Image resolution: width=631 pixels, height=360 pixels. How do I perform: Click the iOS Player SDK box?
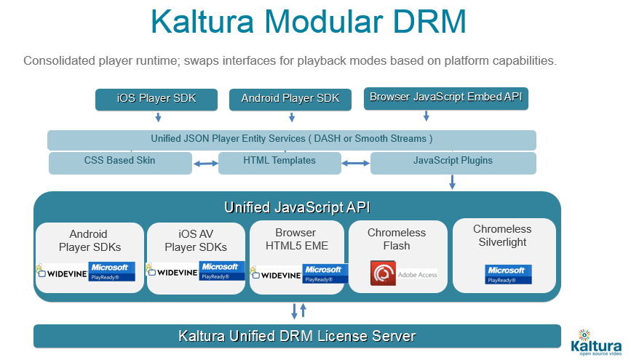pyautogui.click(x=156, y=99)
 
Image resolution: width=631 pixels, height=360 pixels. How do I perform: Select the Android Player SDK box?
pyautogui.click(x=290, y=99)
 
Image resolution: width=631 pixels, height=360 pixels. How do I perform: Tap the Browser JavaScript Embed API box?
pyautogui.click(x=445, y=97)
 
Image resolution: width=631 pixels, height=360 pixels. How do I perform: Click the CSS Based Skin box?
pyautogui.click(x=120, y=161)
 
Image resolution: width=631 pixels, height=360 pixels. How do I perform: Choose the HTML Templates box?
pyautogui.click(x=280, y=161)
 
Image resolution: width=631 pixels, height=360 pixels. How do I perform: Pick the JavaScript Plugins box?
pyautogui.click(x=453, y=161)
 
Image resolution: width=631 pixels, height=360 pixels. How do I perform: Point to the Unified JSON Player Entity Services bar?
pyautogui.click(x=291, y=139)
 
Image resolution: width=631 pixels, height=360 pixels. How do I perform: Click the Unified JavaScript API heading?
pyautogui.click(x=297, y=207)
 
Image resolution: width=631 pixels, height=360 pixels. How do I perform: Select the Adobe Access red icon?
pyautogui.click(x=383, y=274)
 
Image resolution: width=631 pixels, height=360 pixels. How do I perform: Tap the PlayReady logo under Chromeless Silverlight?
pyautogui.click(x=509, y=274)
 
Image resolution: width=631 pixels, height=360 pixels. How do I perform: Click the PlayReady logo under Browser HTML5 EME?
pyautogui.click(x=325, y=273)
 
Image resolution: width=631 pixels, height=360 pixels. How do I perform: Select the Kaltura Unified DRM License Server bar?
pyautogui.click(x=297, y=336)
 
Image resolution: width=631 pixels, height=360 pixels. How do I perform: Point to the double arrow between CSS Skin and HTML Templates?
pyautogui.click(x=207, y=164)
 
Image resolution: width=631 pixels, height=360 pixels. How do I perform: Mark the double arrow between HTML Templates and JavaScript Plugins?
pyautogui.click(x=356, y=164)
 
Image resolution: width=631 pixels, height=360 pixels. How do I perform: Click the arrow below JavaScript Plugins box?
pyautogui.click(x=452, y=182)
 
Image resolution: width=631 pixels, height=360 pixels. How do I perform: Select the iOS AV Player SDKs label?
pyautogui.click(x=197, y=240)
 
